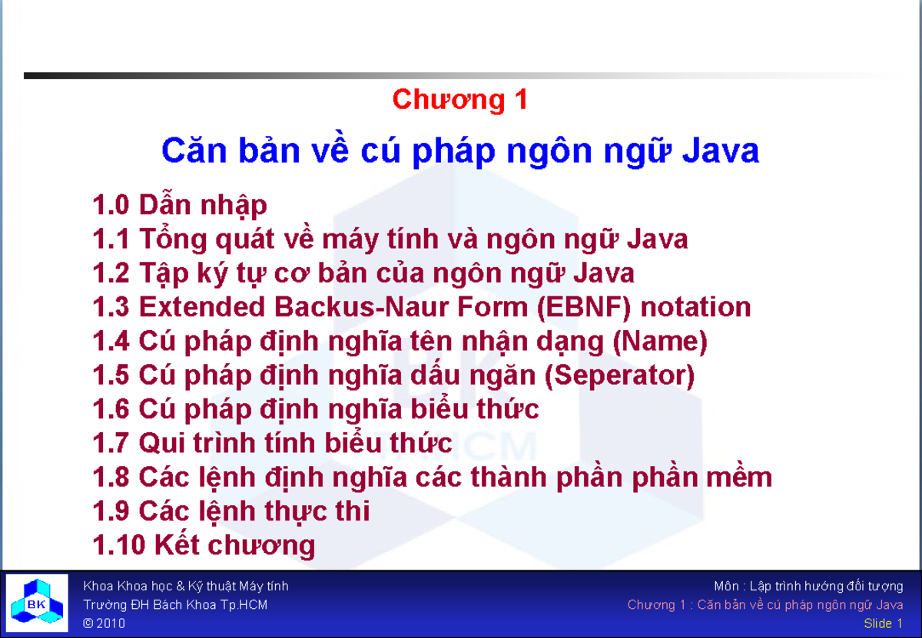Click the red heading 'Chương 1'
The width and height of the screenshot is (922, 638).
[x=459, y=100]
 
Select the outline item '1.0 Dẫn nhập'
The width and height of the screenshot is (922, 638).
[x=180, y=206]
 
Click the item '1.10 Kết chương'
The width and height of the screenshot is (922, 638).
[x=204, y=545]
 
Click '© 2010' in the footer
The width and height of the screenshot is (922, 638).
[x=104, y=623]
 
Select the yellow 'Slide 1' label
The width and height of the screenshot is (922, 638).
[x=883, y=623]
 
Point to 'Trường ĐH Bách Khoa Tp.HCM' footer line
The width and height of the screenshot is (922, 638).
[x=175, y=605]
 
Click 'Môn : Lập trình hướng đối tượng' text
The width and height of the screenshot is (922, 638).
[x=808, y=587]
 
